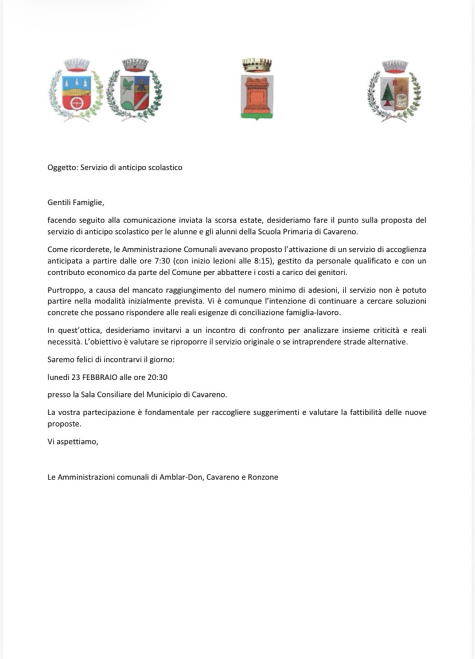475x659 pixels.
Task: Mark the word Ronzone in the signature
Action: [263, 477]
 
